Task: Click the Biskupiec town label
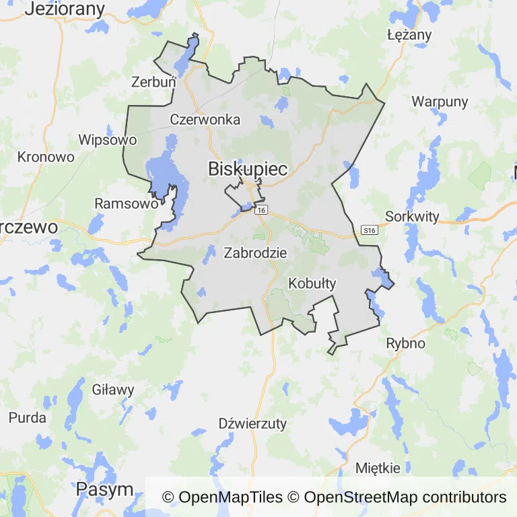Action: coord(248,169)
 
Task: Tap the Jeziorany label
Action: coord(66,9)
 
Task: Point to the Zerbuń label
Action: coord(153,81)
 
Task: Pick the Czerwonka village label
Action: coord(205,120)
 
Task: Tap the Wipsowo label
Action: coord(108,140)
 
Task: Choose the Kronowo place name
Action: coord(46,157)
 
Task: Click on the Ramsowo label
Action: coord(127,203)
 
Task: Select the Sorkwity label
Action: coord(412,217)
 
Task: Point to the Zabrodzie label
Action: coord(255,254)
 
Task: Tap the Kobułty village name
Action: coord(312,283)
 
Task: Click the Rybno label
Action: coord(406,343)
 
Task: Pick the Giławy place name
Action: coord(113,389)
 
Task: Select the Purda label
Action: coord(28,417)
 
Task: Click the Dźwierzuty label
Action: coord(253,423)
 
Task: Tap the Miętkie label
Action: coord(378,468)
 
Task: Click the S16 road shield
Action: coord(369,230)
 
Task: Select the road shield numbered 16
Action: coord(262,211)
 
